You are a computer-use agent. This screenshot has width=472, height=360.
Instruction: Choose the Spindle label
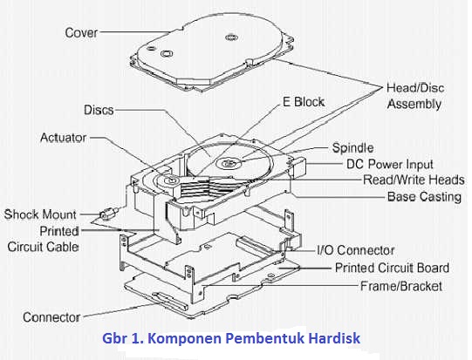point(353,147)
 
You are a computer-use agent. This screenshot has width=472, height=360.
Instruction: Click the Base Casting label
point(423,197)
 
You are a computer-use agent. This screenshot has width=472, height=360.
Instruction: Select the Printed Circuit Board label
point(392,268)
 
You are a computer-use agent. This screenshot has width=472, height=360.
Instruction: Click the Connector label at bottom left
point(51,316)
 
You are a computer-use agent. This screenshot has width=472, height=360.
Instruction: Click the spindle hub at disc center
point(229,163)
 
